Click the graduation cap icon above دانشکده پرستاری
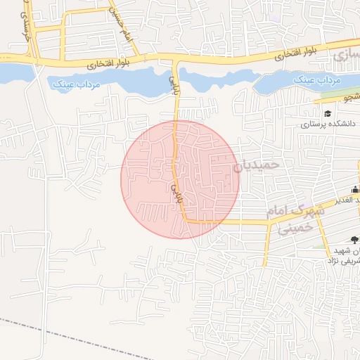point(327,114)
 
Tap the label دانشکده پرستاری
point(324,124)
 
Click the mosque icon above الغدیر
point(355,188)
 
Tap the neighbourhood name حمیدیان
point(256,165)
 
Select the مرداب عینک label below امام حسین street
point(77,84)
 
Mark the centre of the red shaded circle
point(180,179)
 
